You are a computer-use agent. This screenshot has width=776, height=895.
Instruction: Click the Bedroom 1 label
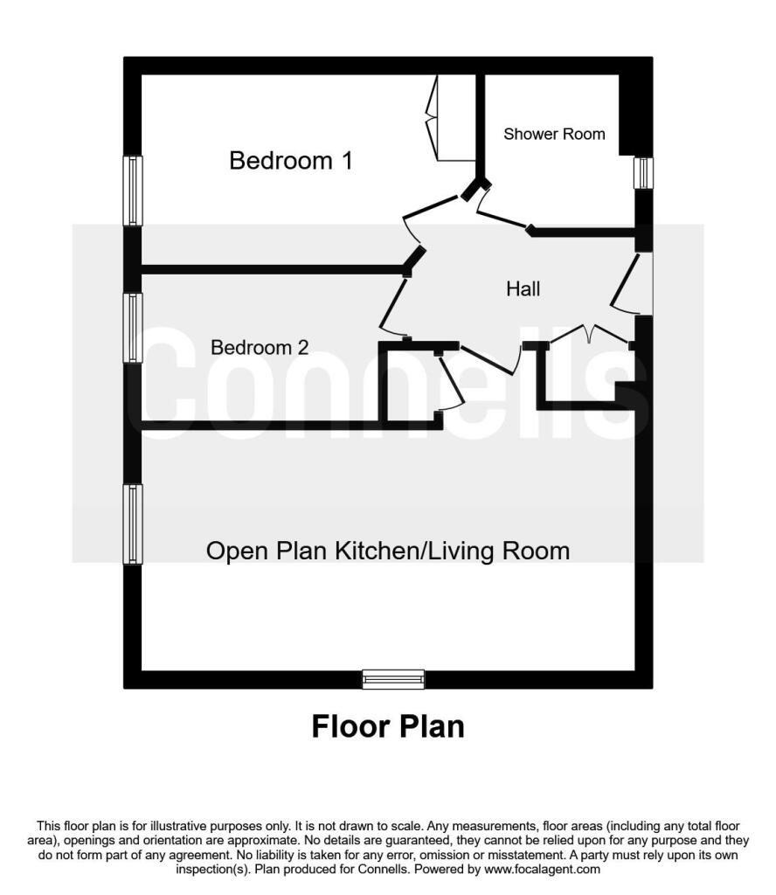click(291, 161)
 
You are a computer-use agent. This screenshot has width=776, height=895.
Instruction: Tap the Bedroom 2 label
click(260, 347)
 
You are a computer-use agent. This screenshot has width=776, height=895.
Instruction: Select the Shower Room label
click(554, 134)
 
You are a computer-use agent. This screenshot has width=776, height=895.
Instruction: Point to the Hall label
click(523, 288)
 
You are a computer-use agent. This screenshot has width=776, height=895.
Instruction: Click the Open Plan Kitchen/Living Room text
click(388, 552)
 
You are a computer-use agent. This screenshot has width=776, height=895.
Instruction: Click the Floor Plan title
click(388, 726)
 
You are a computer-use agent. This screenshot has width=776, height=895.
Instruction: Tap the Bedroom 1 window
click(133, 191)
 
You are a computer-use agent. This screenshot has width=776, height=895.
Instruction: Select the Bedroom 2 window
click(133, 328)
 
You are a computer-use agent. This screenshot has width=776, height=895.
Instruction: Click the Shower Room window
click(644, 173)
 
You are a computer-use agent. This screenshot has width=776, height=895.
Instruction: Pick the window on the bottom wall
click(394, 679)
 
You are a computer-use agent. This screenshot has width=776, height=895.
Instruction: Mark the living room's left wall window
click(133, 524)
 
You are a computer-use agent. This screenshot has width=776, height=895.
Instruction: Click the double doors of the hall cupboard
click(590, 333)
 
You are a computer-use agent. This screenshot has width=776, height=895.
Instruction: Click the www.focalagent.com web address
click(542, 870)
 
